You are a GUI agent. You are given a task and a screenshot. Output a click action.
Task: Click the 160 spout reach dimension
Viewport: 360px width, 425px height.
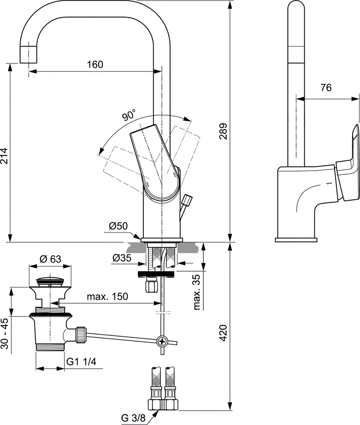[x=95, y=64]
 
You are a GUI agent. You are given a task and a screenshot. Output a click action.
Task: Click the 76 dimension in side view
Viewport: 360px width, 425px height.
[x=325, y=88]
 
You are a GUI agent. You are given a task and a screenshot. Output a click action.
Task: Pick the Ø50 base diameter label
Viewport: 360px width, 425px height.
[x=118, y=226]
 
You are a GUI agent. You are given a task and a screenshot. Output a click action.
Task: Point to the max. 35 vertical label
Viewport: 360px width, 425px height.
[x=197, y=292]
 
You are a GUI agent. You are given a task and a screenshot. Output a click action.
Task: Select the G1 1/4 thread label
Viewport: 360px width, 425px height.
[x=81, y=362]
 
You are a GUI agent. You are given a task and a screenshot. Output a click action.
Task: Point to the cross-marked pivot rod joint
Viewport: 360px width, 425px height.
[x=164, y=342]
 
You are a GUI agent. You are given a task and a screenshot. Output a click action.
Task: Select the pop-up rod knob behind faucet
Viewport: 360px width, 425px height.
[x=187, y=201]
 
